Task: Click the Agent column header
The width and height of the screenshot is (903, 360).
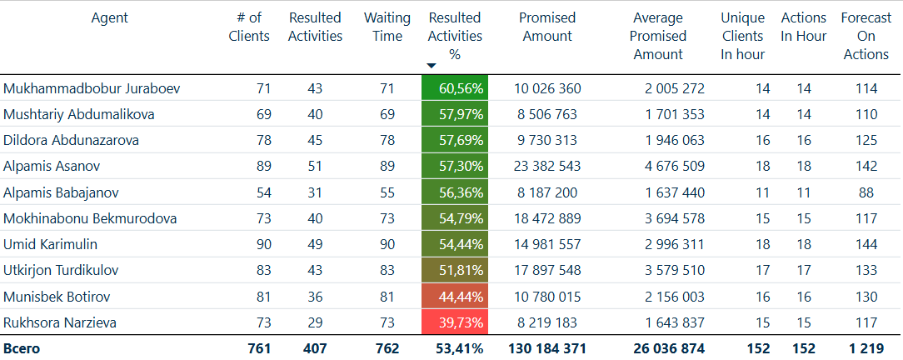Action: (x=109, y=17)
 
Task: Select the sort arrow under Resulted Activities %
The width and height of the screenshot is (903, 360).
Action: (x=431, y=66)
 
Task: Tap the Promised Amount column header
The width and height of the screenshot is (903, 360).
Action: (x=546, y=27)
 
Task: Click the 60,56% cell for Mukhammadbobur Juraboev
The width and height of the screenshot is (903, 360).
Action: (x=455, y=88)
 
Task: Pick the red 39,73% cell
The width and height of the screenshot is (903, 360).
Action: (x=455, y=322)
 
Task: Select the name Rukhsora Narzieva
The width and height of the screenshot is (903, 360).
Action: (x=60, y=322)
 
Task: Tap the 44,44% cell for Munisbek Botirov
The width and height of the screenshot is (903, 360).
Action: (x=455, y=297)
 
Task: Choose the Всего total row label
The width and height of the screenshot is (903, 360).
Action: (x=22, y=348)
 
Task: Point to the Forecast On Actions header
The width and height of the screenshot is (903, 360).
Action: (x=866, y=36)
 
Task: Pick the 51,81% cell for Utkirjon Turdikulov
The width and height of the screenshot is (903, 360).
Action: (x=455, y=271)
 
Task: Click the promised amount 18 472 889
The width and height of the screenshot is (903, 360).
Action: (x=547, y=218)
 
